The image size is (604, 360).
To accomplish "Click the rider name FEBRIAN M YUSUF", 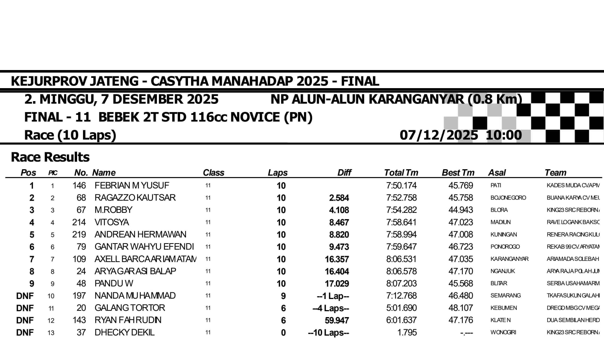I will [x=132, y=185].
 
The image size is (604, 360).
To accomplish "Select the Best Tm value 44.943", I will [x=460, y=210].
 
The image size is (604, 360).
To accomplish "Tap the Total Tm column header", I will [x=401, y=173].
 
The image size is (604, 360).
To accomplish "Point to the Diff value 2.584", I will [x=339, y=198].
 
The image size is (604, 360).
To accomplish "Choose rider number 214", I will [x=79, y=222].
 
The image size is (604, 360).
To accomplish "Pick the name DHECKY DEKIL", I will [x=124, y=332].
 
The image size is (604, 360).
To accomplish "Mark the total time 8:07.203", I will [x=401, y=284].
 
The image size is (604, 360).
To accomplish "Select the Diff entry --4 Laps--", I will [x=330, y=308].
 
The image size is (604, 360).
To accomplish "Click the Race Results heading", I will [x=50, y=157].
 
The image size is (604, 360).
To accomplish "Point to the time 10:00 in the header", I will [x=504, y=135].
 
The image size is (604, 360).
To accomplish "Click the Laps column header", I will [x=278, y=173].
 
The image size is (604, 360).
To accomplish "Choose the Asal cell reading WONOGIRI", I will [x=503, y=332].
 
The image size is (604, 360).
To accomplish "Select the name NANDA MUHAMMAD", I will [x=135, y=296].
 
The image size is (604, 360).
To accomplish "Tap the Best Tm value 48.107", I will [x=460, y=308].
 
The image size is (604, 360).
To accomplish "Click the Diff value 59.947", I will [x=337, y=321].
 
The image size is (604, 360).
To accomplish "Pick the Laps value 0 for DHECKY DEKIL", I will [x=283, y=333].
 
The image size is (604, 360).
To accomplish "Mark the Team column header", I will [x=555, y=173].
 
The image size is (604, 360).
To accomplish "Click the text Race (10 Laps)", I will [x=70, y=135].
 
